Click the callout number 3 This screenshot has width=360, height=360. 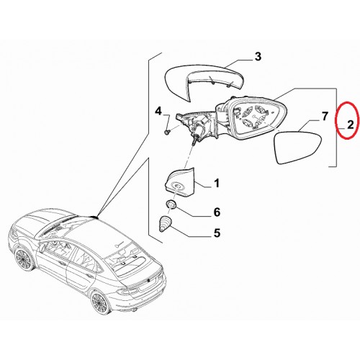tap(258, 57)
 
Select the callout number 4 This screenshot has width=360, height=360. tap(158, 112)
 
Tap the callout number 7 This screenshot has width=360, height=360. tap(324, 117)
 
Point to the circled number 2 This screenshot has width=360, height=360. tap(351, 125)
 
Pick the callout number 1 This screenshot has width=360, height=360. tap(217, 184)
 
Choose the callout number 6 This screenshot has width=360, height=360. tap(217, 212)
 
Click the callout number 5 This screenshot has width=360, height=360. tap(217, 233)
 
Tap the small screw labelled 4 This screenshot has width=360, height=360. tap(166, 132)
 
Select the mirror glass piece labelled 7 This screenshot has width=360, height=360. tap(297, 147)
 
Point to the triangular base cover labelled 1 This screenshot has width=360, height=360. tap(179, 183)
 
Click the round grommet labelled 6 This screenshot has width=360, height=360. tap(171, 205)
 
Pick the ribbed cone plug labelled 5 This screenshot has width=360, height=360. tap(165, 224)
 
